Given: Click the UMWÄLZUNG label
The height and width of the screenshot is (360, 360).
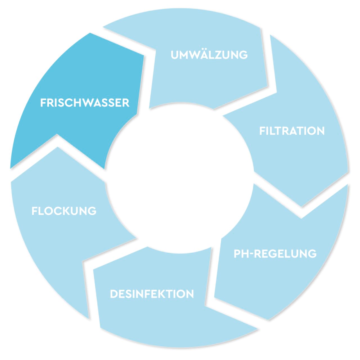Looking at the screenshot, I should (209, 55).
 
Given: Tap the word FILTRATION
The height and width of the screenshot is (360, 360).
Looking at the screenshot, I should (292, 131).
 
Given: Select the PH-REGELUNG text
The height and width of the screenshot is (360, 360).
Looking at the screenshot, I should (275, 254).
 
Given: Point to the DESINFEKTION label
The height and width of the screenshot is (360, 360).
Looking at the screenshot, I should (152, 294).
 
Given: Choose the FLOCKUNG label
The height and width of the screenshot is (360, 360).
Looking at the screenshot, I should (64, 211).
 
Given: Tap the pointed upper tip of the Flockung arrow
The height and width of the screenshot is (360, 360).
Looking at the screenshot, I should (57, 147).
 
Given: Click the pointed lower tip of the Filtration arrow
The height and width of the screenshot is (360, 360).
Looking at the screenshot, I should (302, 207).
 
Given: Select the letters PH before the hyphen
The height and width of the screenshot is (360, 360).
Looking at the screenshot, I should (240, 254).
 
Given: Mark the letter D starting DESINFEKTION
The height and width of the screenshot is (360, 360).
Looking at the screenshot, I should (114, 294).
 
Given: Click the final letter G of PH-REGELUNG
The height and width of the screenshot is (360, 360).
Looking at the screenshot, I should (312, 254).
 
